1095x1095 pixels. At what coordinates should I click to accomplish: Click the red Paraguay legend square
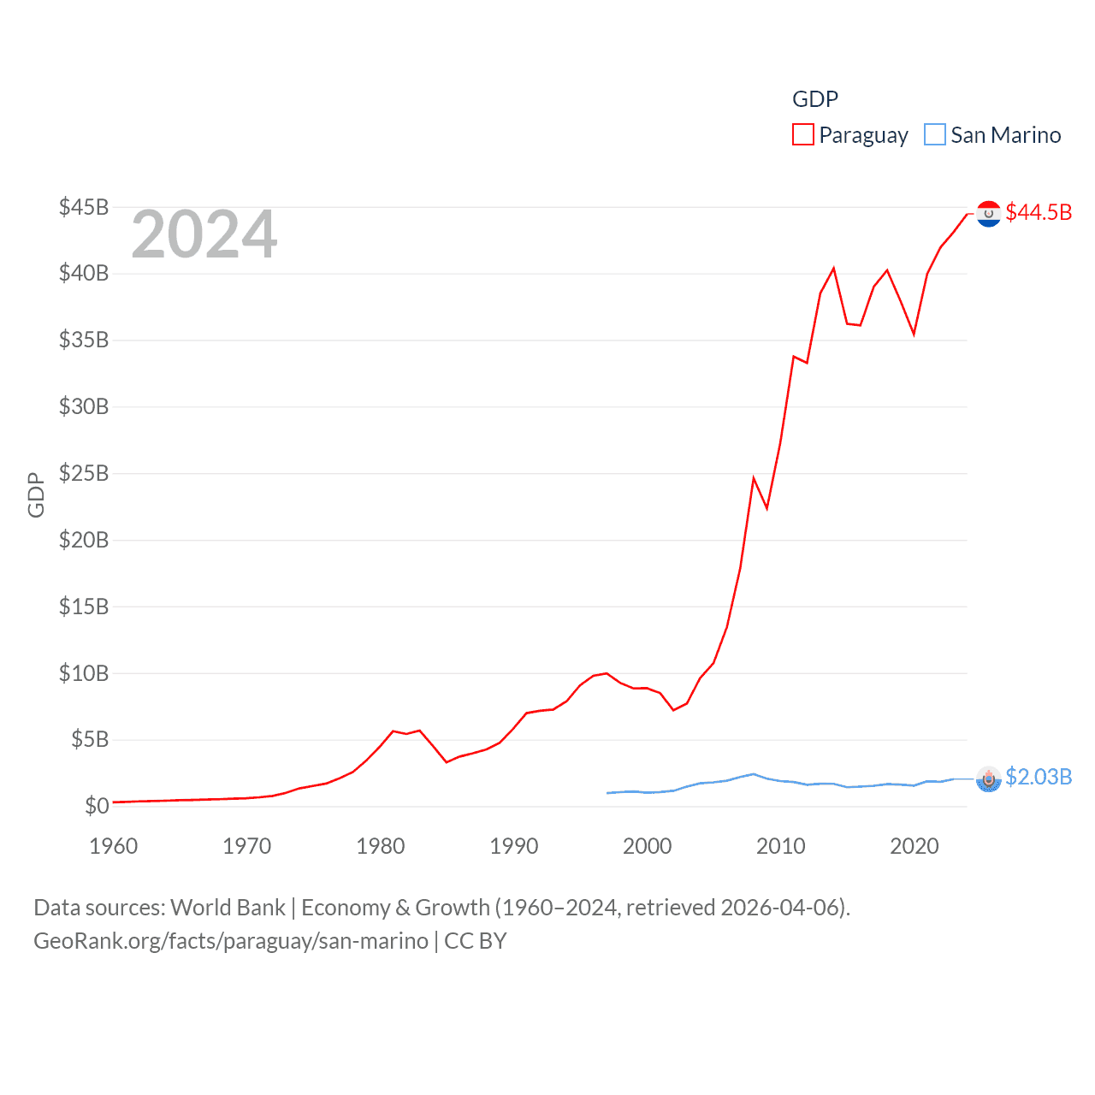click(802, 135)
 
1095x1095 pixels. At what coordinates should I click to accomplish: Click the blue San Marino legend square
click(935, 135)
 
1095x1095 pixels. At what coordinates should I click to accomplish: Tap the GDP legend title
click(814, 99)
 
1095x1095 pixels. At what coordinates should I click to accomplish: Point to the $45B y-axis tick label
click(84, 207)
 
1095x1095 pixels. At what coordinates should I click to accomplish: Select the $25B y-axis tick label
click(84, 473)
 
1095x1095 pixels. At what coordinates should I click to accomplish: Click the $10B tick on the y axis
click(84, 673)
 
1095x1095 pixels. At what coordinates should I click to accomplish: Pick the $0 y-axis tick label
click(97, 806)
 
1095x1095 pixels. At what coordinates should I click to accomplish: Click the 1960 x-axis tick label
click(114, 846)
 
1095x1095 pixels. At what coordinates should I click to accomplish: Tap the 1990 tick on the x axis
click(514, 846)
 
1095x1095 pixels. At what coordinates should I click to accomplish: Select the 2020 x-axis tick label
click(914, 846)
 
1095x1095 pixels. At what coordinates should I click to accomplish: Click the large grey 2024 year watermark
click(204, 234)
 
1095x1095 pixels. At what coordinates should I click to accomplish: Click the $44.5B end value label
click(1039, 212)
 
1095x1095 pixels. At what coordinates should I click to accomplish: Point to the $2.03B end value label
click(1039, 777)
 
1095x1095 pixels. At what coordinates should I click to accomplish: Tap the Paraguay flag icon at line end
click(989, 214)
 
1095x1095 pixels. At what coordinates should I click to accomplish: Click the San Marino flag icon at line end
click(989, 778)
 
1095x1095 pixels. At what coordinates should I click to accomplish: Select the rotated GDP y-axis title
click(36, 494)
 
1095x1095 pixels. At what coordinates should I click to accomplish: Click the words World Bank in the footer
click(228, 907)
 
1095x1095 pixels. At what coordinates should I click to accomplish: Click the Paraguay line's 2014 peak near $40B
click(833, 269)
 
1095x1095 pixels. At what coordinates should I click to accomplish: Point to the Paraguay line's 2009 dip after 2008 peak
click(766, 508)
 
